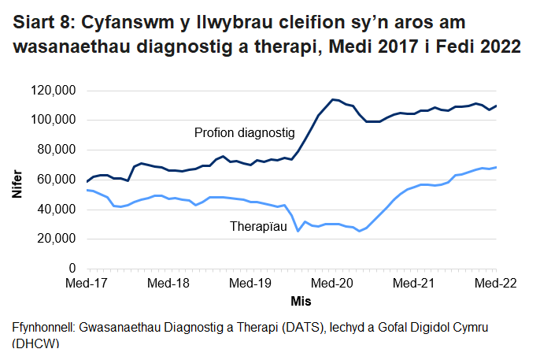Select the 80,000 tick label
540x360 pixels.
point(56,150)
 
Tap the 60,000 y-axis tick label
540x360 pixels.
point(56,180)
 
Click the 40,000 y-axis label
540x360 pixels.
point(56,210)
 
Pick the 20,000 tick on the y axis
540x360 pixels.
point(56,239)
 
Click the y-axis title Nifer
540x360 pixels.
point(17,180)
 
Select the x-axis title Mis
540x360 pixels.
point(301,301)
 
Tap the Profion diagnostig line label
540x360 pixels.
point(244,133)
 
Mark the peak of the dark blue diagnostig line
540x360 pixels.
point(333,99)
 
